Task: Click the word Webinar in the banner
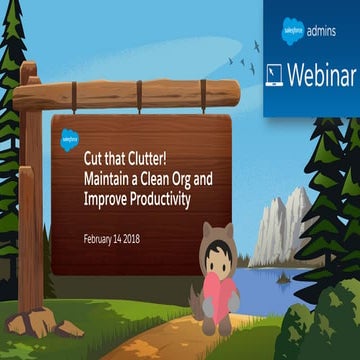click(x=320, y=73)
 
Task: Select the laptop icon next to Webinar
click(x=275, y=74)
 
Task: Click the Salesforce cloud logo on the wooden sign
click(x=70, y=141)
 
